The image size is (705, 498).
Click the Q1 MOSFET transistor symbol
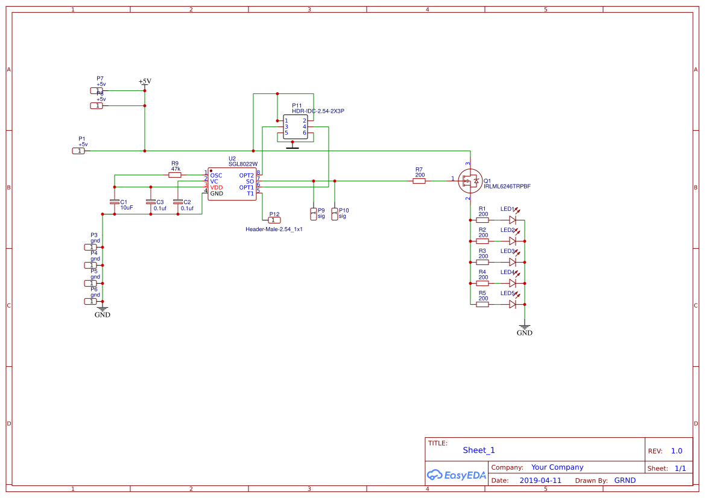click(x=469, y=180)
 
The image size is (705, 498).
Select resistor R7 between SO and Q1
click(x=419, y=180)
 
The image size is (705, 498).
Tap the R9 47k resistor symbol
click(x=175, y=175)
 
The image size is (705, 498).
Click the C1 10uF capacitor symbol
click(x=114, y=202)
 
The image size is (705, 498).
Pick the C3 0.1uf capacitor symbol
click(x=150, y=202)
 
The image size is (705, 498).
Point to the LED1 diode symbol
click(x=512, y=220)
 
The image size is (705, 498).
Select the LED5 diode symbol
click(x=512, y=304)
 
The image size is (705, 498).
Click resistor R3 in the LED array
click(x=482, y=262)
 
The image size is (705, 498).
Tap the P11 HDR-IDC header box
click(x=295, y=126)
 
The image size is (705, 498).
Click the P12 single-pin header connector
click(x=274, y=220)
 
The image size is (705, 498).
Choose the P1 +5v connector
click(x=78, y=151)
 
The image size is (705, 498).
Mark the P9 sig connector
click(x=313, y=213)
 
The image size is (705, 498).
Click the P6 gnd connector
click(x=90, y=301)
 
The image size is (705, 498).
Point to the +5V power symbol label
click(x=145, y=81)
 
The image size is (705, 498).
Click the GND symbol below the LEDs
click(x=525, y=331)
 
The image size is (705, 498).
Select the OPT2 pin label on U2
click(x=246, y=175)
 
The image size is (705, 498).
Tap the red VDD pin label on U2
click(x=217, y=187)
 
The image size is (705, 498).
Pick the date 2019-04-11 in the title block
click(x=540, y=481)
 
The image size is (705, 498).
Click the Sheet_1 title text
click(x=479, y=450)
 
